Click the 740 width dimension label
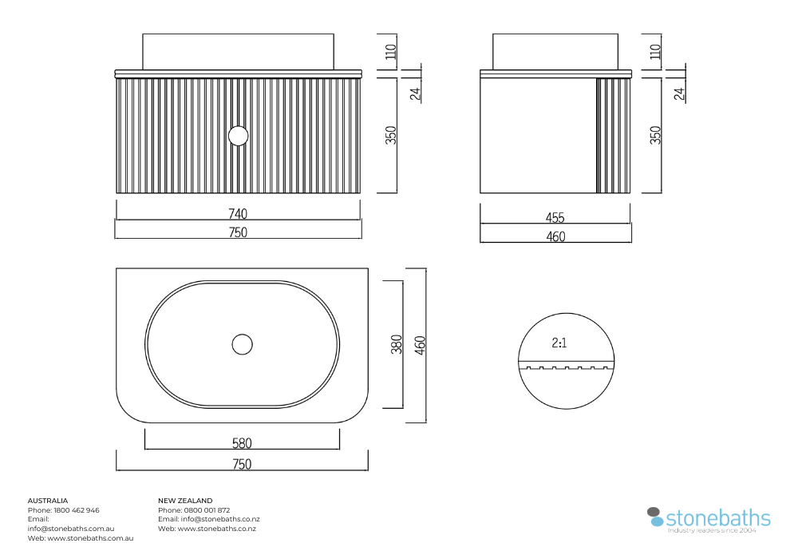click(238, 213)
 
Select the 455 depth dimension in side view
click(555, 217)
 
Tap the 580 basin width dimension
click(242, 443)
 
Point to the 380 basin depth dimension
click(397, 344)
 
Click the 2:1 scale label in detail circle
click(559, 343)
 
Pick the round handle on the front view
click(238, 136)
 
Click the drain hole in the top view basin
click(243, 344)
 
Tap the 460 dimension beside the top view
click(420, 345)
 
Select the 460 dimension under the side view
click(555, 236)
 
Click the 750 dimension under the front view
click(238, 232)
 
